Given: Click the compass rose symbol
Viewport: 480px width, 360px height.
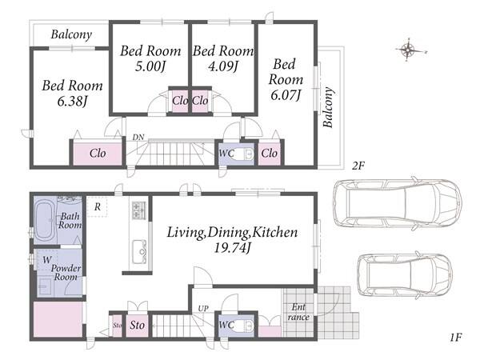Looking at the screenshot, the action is coord(408,50).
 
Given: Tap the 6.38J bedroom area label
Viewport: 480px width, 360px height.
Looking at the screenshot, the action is coord(73,101).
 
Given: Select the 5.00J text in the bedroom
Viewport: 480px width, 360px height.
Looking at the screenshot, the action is coord(150,66).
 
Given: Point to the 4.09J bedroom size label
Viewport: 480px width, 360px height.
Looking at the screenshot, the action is coord(223,66).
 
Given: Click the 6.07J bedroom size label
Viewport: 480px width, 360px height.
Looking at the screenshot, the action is coord(286,95).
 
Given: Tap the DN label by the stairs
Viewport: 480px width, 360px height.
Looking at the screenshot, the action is coord(138,138).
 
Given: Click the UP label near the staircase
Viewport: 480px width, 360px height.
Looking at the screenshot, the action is coord(203,309).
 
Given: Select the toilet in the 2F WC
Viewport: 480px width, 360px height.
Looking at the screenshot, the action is coord(245,154).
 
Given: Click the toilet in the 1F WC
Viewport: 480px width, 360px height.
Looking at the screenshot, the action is coord(245,326).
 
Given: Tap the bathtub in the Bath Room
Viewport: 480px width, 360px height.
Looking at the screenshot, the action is coord(44,220).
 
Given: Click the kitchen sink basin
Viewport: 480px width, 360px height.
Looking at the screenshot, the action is coord(139,252).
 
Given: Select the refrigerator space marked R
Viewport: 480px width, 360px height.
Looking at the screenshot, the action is coord(98,207).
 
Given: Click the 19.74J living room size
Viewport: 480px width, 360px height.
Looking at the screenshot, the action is coord(232,248).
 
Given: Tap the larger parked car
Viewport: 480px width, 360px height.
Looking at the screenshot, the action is coord(397,203).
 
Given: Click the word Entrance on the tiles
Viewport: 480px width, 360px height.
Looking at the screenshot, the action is coord(298,312).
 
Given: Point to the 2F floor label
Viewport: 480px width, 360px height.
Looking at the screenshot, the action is coord(358,166).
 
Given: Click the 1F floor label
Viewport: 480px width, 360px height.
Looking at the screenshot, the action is coord(455,338).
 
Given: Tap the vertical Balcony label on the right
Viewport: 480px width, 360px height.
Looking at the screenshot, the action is coord(328,107).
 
